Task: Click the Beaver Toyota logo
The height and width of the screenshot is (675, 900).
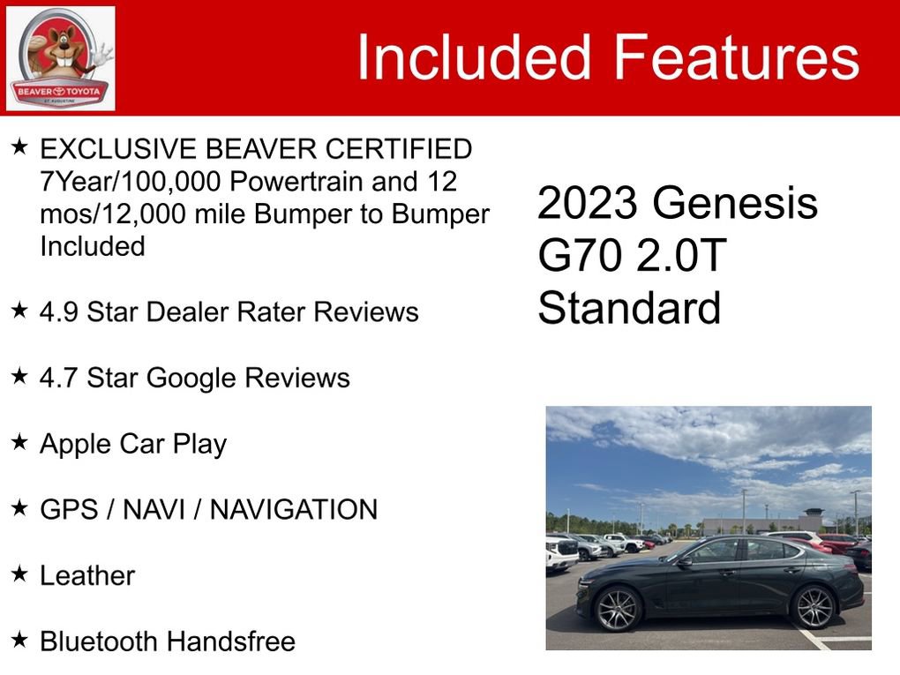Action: point(60,58)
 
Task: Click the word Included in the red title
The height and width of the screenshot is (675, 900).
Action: point(473,57)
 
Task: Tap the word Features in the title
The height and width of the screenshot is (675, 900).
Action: point(736,57)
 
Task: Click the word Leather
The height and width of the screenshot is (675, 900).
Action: point(87,575)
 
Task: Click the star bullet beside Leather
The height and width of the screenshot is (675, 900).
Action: point(19,574)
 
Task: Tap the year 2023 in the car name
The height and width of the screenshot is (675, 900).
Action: point(589,205)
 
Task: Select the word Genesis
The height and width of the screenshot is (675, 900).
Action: point(735,205)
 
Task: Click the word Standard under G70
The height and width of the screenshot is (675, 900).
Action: point(629,309)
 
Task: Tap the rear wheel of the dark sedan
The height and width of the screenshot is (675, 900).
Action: point(814,606)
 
